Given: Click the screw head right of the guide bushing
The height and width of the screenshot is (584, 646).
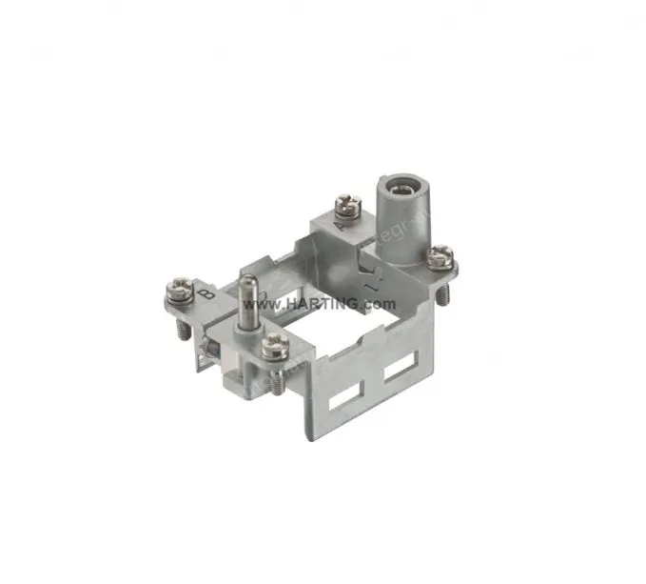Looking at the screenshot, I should click(440, 254).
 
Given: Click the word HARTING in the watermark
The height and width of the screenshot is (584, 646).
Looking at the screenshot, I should click(323, 304).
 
